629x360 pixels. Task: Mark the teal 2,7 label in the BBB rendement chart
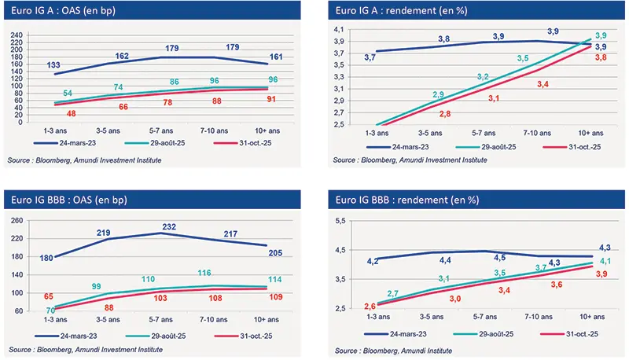(394, 293)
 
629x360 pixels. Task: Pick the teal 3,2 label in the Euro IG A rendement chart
(483, 76)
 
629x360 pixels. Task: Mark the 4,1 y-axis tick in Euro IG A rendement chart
(339, 29)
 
